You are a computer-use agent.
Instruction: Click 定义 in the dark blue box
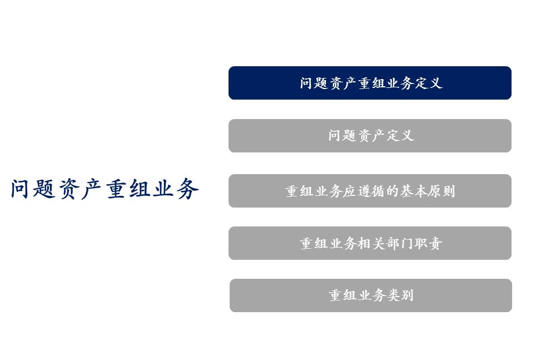429,83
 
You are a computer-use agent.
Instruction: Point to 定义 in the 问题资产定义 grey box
400,136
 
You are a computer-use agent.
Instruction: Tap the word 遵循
371,191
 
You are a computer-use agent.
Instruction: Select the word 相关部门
385,244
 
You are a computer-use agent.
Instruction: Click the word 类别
400,295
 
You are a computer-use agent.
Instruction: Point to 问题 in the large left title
34,189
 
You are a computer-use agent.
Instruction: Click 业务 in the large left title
175,189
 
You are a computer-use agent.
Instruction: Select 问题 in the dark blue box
314,83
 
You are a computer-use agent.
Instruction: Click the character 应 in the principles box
349,191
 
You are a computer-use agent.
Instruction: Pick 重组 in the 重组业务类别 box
343,295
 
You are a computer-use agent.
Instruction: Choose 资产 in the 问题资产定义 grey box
371,136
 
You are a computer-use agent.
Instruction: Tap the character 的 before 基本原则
392,191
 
